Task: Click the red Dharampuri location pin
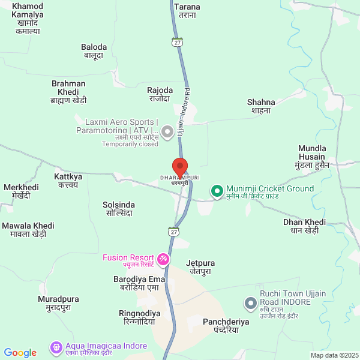point(180,167)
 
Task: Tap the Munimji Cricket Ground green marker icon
point(217,191)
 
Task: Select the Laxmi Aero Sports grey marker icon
point(168,130)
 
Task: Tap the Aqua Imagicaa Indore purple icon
point(56,347)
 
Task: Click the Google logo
point(20,353)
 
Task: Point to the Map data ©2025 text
point(334,355)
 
